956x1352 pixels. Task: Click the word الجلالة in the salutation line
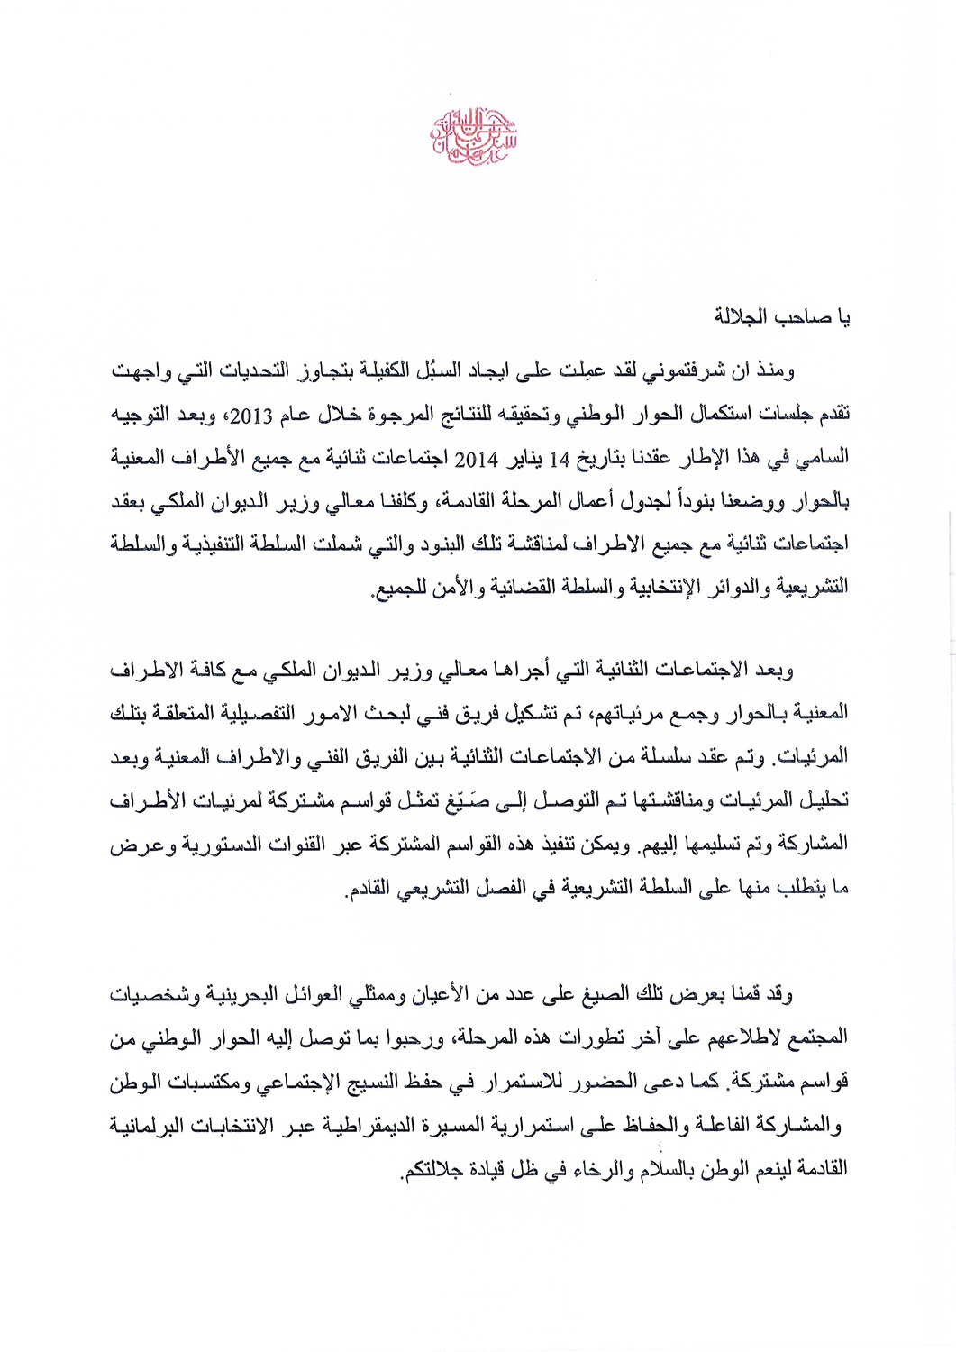[741, 317]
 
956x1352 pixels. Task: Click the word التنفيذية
[235, 544]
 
